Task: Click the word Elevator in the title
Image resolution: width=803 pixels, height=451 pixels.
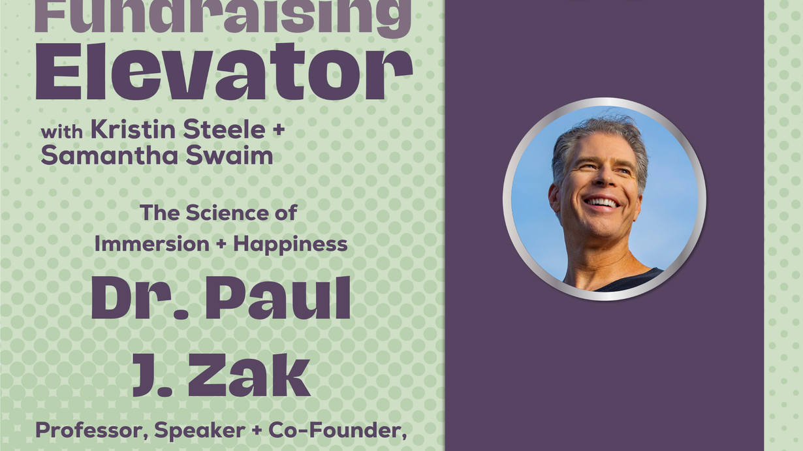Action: coord(224,72)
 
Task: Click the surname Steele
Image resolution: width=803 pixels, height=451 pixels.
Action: coord(224,129)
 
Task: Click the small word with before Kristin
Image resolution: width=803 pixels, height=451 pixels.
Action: coord(61,132)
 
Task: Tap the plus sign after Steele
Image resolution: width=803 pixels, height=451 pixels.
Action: coord(278,130)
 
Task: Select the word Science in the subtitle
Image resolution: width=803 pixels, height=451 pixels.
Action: coord(227,213)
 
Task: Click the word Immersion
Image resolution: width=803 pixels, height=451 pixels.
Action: coord(151,244)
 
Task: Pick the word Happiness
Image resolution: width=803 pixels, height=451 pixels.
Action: coord(291,245)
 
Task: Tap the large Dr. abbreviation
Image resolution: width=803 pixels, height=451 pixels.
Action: coord(140,298)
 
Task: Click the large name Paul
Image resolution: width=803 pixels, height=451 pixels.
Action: coord(277,298)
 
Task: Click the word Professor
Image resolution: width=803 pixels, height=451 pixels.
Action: coord(92,431)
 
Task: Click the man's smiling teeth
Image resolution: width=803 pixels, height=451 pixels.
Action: coord(602,203)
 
